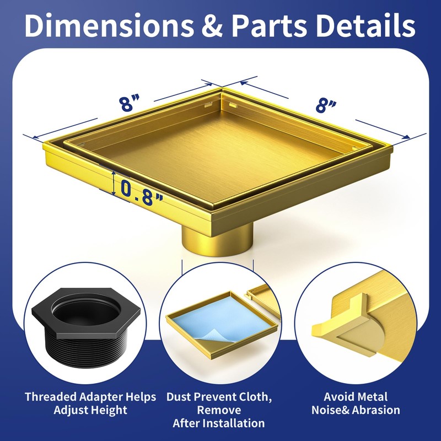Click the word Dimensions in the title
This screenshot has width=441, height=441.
tap(109, 25)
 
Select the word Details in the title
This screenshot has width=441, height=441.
tap(365, 25)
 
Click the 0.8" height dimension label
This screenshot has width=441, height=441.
tap(142, 192)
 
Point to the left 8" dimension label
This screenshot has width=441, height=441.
tap(129, 103)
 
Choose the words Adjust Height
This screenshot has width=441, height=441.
tap(90, 410)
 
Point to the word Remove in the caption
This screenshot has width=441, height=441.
tap(219, 410)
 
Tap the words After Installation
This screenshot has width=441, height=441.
tap(218, 423)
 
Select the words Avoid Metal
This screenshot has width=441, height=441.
tap(356, 397)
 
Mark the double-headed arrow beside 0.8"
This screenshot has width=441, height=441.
tap(114, 184)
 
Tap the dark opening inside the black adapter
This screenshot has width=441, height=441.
tap(86, 310)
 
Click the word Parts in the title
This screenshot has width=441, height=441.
tap(269, 25)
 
